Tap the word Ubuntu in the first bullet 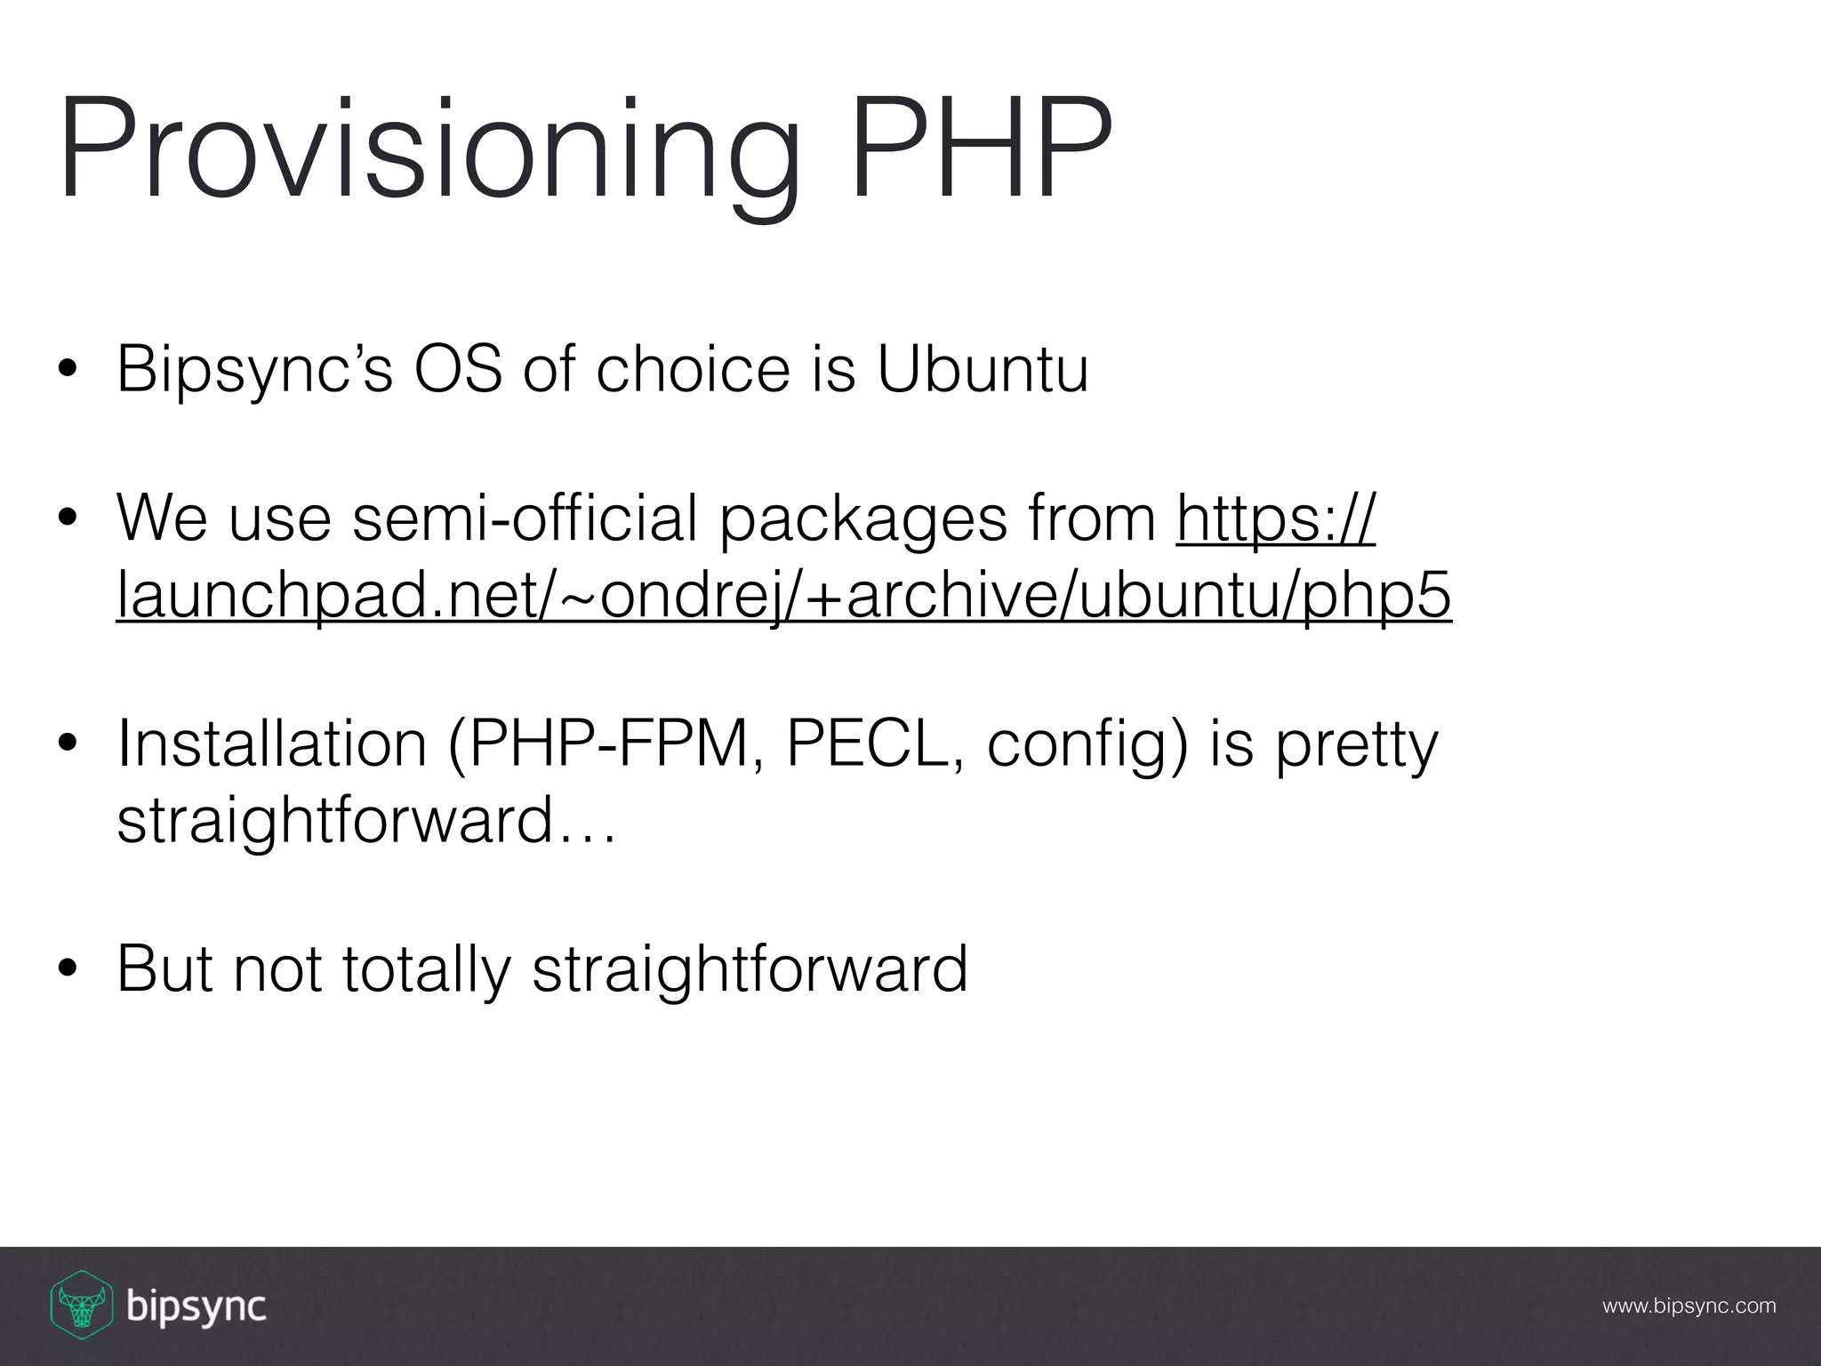pos(983,368)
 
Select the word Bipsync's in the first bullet pos(254,370)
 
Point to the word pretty pos(1356,747)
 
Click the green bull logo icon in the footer pos(81,1305)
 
